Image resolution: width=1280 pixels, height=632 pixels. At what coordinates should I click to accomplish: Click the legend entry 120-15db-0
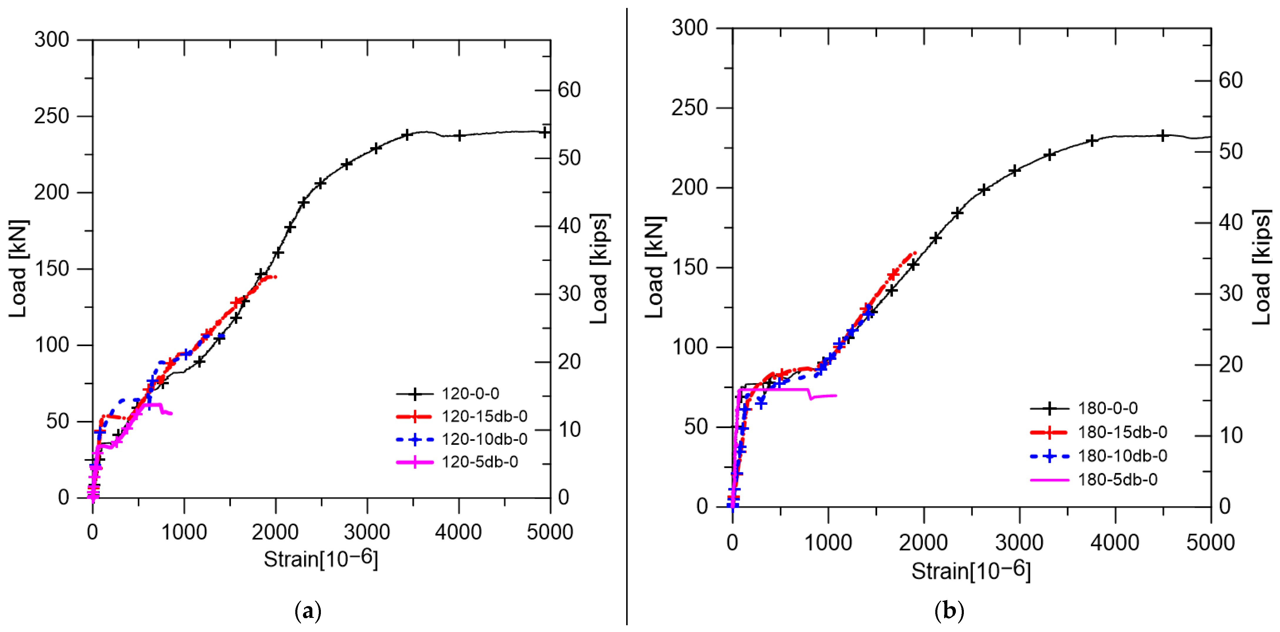pos(484,416)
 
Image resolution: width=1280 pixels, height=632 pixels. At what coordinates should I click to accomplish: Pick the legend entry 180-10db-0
pos(1122,455)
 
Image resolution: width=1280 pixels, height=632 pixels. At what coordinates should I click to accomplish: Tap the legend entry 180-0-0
pos(1108,408)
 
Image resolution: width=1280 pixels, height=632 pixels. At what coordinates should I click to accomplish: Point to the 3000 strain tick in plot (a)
pos(367,532)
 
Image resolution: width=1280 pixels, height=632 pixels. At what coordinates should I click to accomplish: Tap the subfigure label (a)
pos(308,610)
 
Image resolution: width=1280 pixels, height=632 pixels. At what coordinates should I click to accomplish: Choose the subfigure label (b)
pos(949,610)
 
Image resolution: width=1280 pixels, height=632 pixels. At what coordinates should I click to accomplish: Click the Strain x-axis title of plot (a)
pos(321,559)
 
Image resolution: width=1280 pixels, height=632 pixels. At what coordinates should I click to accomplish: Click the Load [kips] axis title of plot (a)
pos(599,269)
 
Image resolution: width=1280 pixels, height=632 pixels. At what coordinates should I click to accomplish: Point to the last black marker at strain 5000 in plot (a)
pos(545,132)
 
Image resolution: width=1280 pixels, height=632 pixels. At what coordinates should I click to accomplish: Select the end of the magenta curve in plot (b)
pos(836,395)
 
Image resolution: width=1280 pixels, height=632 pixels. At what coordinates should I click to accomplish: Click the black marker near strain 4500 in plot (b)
pos(1163,136)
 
